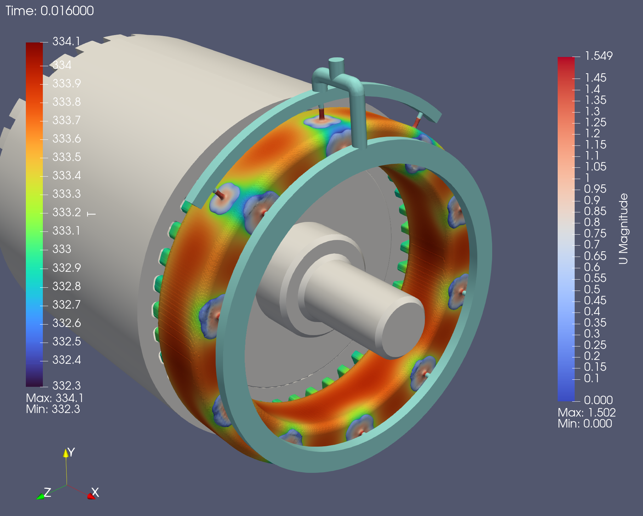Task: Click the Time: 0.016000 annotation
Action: tap(50, 11)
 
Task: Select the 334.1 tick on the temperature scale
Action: tap(67, 41)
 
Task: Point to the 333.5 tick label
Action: tap(67, 157)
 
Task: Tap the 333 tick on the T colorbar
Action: tap(62, 249)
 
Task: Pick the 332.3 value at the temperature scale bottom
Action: tap(67, 385)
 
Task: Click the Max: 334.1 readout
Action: tap(55, 398)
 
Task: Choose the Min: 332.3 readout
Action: tap(53, 409)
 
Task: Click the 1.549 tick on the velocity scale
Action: tap(599, 56)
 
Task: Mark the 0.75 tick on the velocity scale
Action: tap(595, 233)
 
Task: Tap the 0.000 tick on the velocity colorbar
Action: tap(598, 400)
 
